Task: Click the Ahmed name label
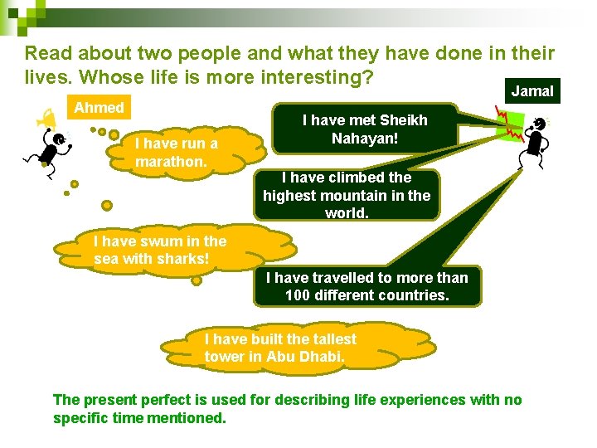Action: [x=99, y=107]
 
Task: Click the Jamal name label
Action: [x=531, y=91]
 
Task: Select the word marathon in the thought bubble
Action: [x=171, y=161]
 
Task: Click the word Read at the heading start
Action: [x=45, y=54]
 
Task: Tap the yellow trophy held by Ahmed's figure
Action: [x=41, y=122]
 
